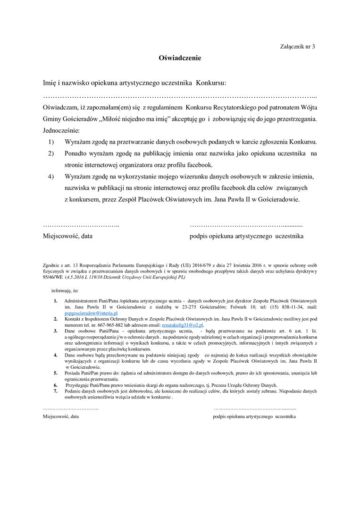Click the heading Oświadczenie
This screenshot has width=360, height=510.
pos(180,58)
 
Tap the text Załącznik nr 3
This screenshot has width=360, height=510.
pos(297,46)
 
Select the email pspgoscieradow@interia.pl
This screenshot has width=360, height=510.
pos(91,313)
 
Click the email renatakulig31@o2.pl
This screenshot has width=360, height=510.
pos(182,325)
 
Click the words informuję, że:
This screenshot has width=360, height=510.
pos(65,290)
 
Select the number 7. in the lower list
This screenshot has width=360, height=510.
pos(55,391)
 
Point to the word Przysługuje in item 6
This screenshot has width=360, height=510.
pos(77,385)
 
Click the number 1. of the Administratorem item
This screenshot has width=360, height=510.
pos(55,301)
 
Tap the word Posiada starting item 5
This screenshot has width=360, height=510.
pos(73,373)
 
